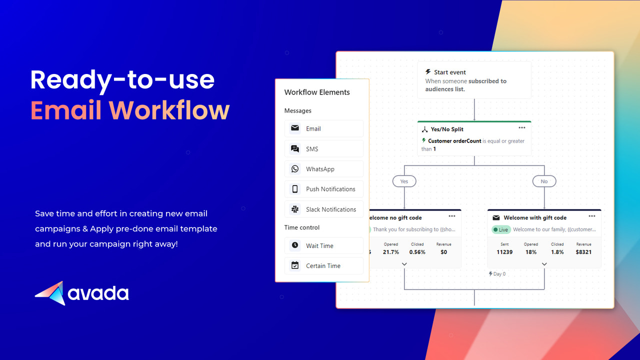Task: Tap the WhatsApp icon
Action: pyautogui.click(x=295, y=169)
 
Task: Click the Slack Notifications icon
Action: pyautogui.click(x=295, y=209)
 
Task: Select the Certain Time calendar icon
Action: pyautogui.click(x=295, y=265)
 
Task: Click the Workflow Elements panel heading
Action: pyautogui.click(x=317, y=92)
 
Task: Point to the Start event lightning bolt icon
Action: pyautogui.click(x=428, y=72)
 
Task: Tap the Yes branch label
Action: pyautogui.click(x=404, y=181)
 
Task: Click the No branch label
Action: pyautogui.click(x=544, y=181)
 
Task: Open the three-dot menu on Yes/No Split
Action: pyautogui.click(x=521, y=128)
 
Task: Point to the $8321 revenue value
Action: pyautogui.click(x=583, y=252)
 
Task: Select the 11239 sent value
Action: pyautogui.click(x=504, y=252)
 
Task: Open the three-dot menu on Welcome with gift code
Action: pyautogui.click(x=592, y=216)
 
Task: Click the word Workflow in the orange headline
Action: pyautogui.click(x=169, y=110)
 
